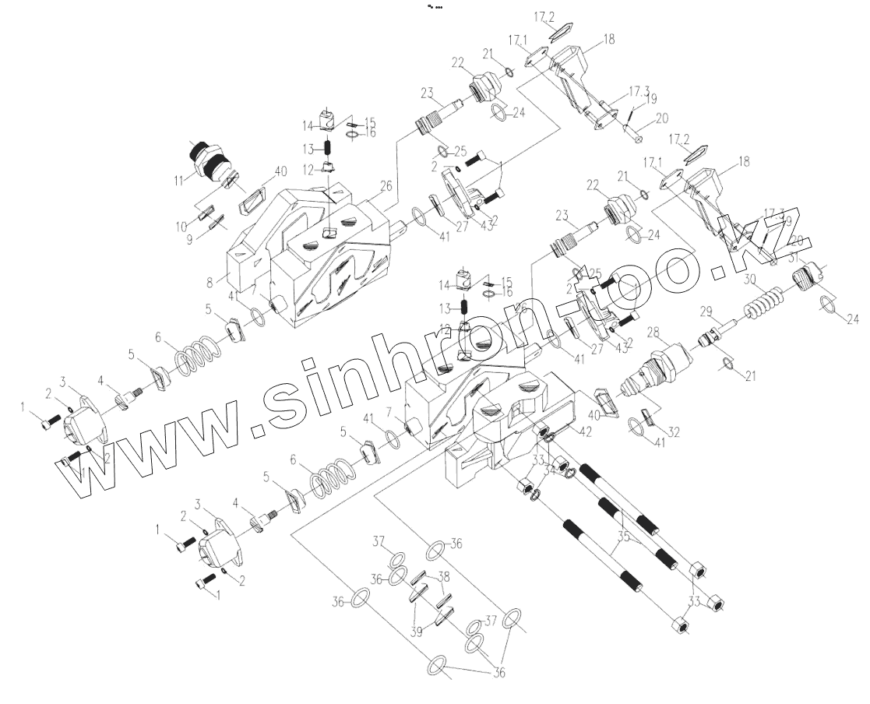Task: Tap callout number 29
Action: [x=706, y=312]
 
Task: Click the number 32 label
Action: [x=674, y=431]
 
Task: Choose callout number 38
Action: [x=443, y=577]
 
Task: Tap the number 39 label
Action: [x=418, y=632]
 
